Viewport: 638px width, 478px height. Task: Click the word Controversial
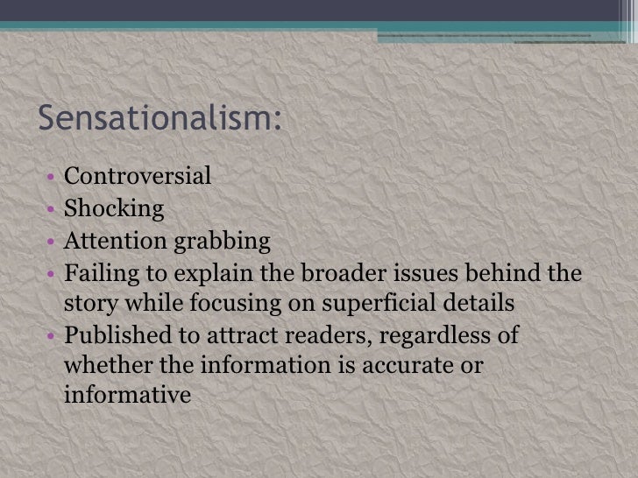[138, 177]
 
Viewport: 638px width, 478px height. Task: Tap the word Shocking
[114, 209]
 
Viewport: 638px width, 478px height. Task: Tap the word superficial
[393, 304]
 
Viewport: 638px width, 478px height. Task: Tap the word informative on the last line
[127, 396]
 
